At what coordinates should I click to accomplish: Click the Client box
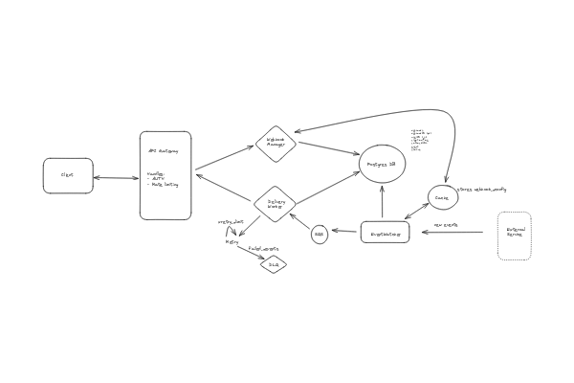point(68,175)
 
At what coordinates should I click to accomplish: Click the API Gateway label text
point(163,151)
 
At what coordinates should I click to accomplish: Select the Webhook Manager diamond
point(276,144)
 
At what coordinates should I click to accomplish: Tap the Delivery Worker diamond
point(276,204)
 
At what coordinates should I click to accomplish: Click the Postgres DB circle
point(383,165)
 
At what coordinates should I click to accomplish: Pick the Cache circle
point(441,198)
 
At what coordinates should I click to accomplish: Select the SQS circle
point(320,234)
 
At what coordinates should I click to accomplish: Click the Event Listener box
point(385,232)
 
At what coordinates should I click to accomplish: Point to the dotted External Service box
point(515,236)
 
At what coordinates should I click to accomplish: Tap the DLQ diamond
point(274,264)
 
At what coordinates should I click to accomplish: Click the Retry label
point(232,242)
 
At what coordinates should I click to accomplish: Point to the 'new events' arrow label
point(446,226)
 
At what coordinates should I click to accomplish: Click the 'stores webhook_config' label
point(482,190)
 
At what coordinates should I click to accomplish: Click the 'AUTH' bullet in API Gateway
point(159,179)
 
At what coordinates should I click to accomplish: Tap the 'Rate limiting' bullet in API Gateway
point(165,185)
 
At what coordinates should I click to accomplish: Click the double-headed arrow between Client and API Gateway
point(116,177)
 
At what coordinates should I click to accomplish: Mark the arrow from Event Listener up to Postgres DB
point(383,203)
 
